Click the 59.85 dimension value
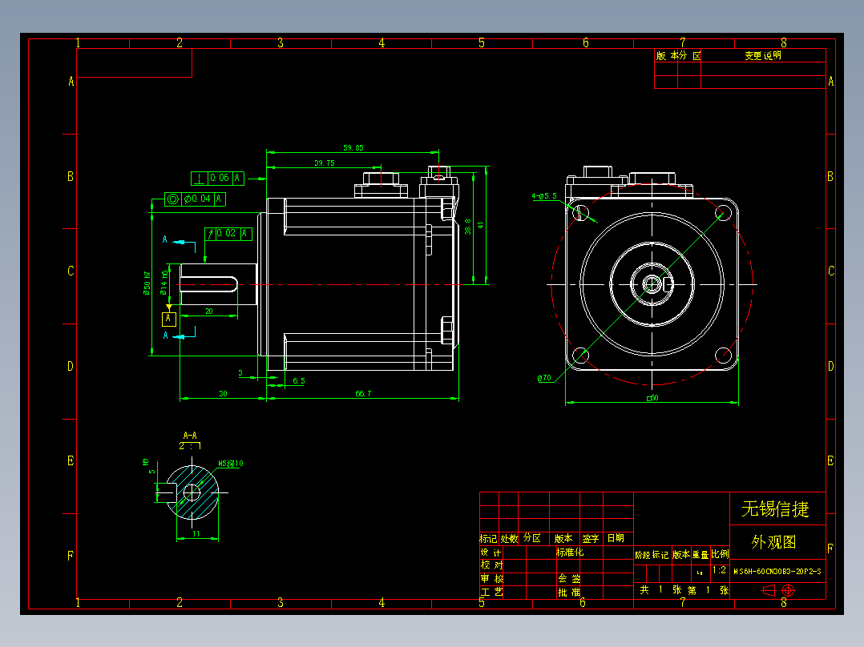point(353,147)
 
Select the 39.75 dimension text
point(325,163)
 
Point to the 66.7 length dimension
point(363,393)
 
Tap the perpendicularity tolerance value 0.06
point(219,178)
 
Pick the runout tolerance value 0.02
point(227,234)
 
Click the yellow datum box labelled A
point(168,319)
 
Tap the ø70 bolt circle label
point(546,377)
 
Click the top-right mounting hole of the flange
point(721,212)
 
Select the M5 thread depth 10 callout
point(231,464)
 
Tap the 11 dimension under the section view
point(196,533)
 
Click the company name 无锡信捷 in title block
point(775,508)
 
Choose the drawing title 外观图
point(773,542)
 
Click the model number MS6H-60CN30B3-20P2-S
point(777,572)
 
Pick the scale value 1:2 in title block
point(719,571)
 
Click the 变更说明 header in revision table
point(762,56)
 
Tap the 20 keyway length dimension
point(209,311)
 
